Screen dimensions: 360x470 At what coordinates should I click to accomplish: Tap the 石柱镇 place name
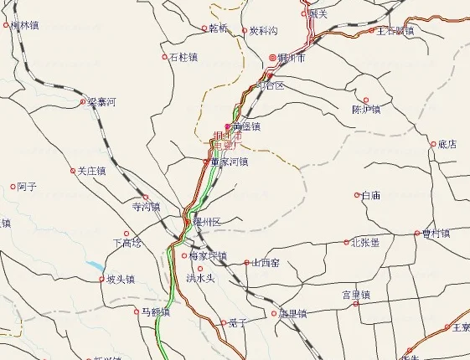pyautogui.click(x=183, y=58)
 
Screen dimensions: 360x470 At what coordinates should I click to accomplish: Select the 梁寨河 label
pyautogui.click(x=101, y=102)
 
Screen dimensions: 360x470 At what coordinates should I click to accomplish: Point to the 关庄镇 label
pyautogui.click(x=91, y=171)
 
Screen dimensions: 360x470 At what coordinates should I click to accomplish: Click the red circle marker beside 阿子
pyautogui.click(x=13, y=187)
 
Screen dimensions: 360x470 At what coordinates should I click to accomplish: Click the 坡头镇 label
pyautogui.click(x=121, y=280)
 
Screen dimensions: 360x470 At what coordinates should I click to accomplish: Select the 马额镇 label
pyautogui.click(x=154, y=311)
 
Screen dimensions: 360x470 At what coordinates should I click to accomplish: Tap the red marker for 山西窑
pyautogui.click(x=246, y=262)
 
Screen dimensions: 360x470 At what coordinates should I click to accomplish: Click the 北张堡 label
pyautogui.click(x=364, y=243)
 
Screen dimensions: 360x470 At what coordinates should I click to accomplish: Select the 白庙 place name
pyautogui.click(x=370, y=195)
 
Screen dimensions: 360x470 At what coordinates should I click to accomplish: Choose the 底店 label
pyautogui.click(x=447, y=144)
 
